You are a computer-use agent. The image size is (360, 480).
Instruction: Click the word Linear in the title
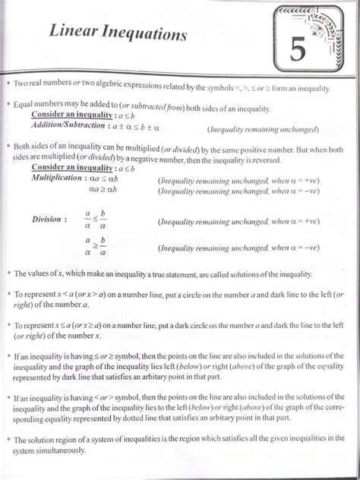tap(77, 34)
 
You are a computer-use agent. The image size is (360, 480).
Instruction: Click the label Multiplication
tap(58, 178)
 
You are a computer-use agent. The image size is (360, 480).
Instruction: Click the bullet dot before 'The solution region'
tap(8, 438)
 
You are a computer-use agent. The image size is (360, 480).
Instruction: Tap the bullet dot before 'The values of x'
tap(8, 272)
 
